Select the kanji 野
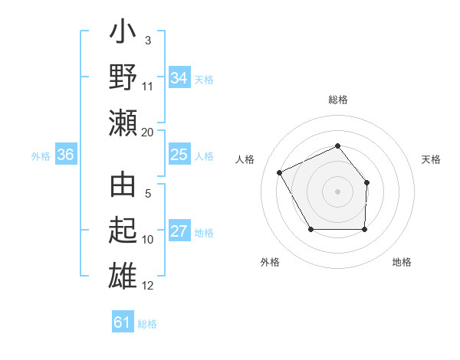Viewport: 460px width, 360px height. point(123,79)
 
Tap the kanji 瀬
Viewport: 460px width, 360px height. point(123,122)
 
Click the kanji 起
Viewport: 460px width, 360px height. point(123,231)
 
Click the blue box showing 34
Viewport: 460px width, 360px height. point(179,78)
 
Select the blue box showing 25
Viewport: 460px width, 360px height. point(179,155)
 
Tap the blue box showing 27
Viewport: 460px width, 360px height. point(179,232)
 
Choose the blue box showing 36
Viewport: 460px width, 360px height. point(65,155)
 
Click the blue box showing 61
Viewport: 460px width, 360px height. point(122,322)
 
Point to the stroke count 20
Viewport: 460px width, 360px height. point(148,133)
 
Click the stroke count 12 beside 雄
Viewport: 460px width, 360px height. point(148,286)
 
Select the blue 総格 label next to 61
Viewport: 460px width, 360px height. point(147,324)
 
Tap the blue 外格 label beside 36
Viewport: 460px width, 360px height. point(41,156)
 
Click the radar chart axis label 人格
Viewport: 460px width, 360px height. point(245,159)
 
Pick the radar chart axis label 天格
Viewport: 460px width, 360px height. point(431,159)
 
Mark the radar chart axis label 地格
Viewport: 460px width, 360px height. point(402,262)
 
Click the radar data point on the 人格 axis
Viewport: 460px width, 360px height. point(280,172)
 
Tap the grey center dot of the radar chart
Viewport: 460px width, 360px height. point(337,191)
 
